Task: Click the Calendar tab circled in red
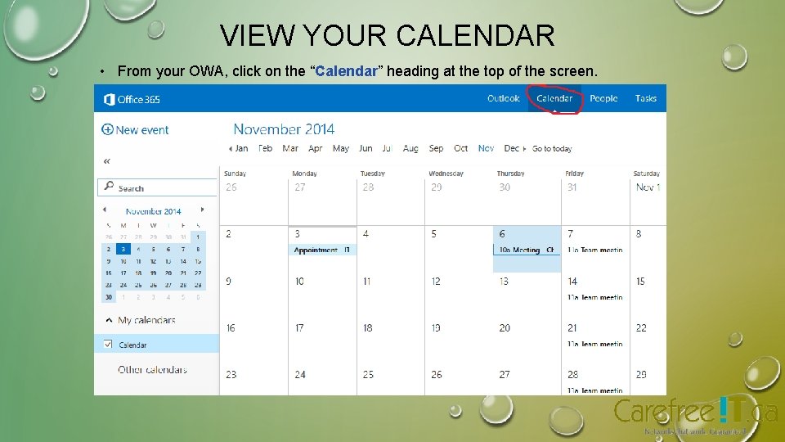point(554,98)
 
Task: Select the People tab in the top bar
point(603,98)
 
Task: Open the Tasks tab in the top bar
point(646,98)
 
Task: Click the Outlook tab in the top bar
point(504,98)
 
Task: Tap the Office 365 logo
point(132,100)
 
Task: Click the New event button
point(136,129)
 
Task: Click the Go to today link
point(552,149)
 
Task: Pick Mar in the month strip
point(290,149)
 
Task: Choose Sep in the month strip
point(437,149)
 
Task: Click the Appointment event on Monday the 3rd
point(322,250)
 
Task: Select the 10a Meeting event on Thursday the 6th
point(527,250)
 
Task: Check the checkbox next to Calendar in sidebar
point(108,345)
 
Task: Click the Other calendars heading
point(152,370)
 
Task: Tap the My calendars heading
point(146,320)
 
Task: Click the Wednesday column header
point(446,174)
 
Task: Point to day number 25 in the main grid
point(368,375)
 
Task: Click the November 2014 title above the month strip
point(284,129)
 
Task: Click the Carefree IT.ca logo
point(695,412)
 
